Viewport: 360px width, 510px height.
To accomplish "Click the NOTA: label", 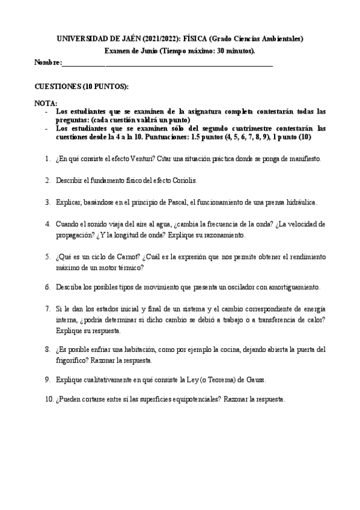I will [x=46, y=103].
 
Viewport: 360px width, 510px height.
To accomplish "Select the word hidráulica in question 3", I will [x=299, y=202].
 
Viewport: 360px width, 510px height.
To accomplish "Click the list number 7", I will [x=47, y=309].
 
